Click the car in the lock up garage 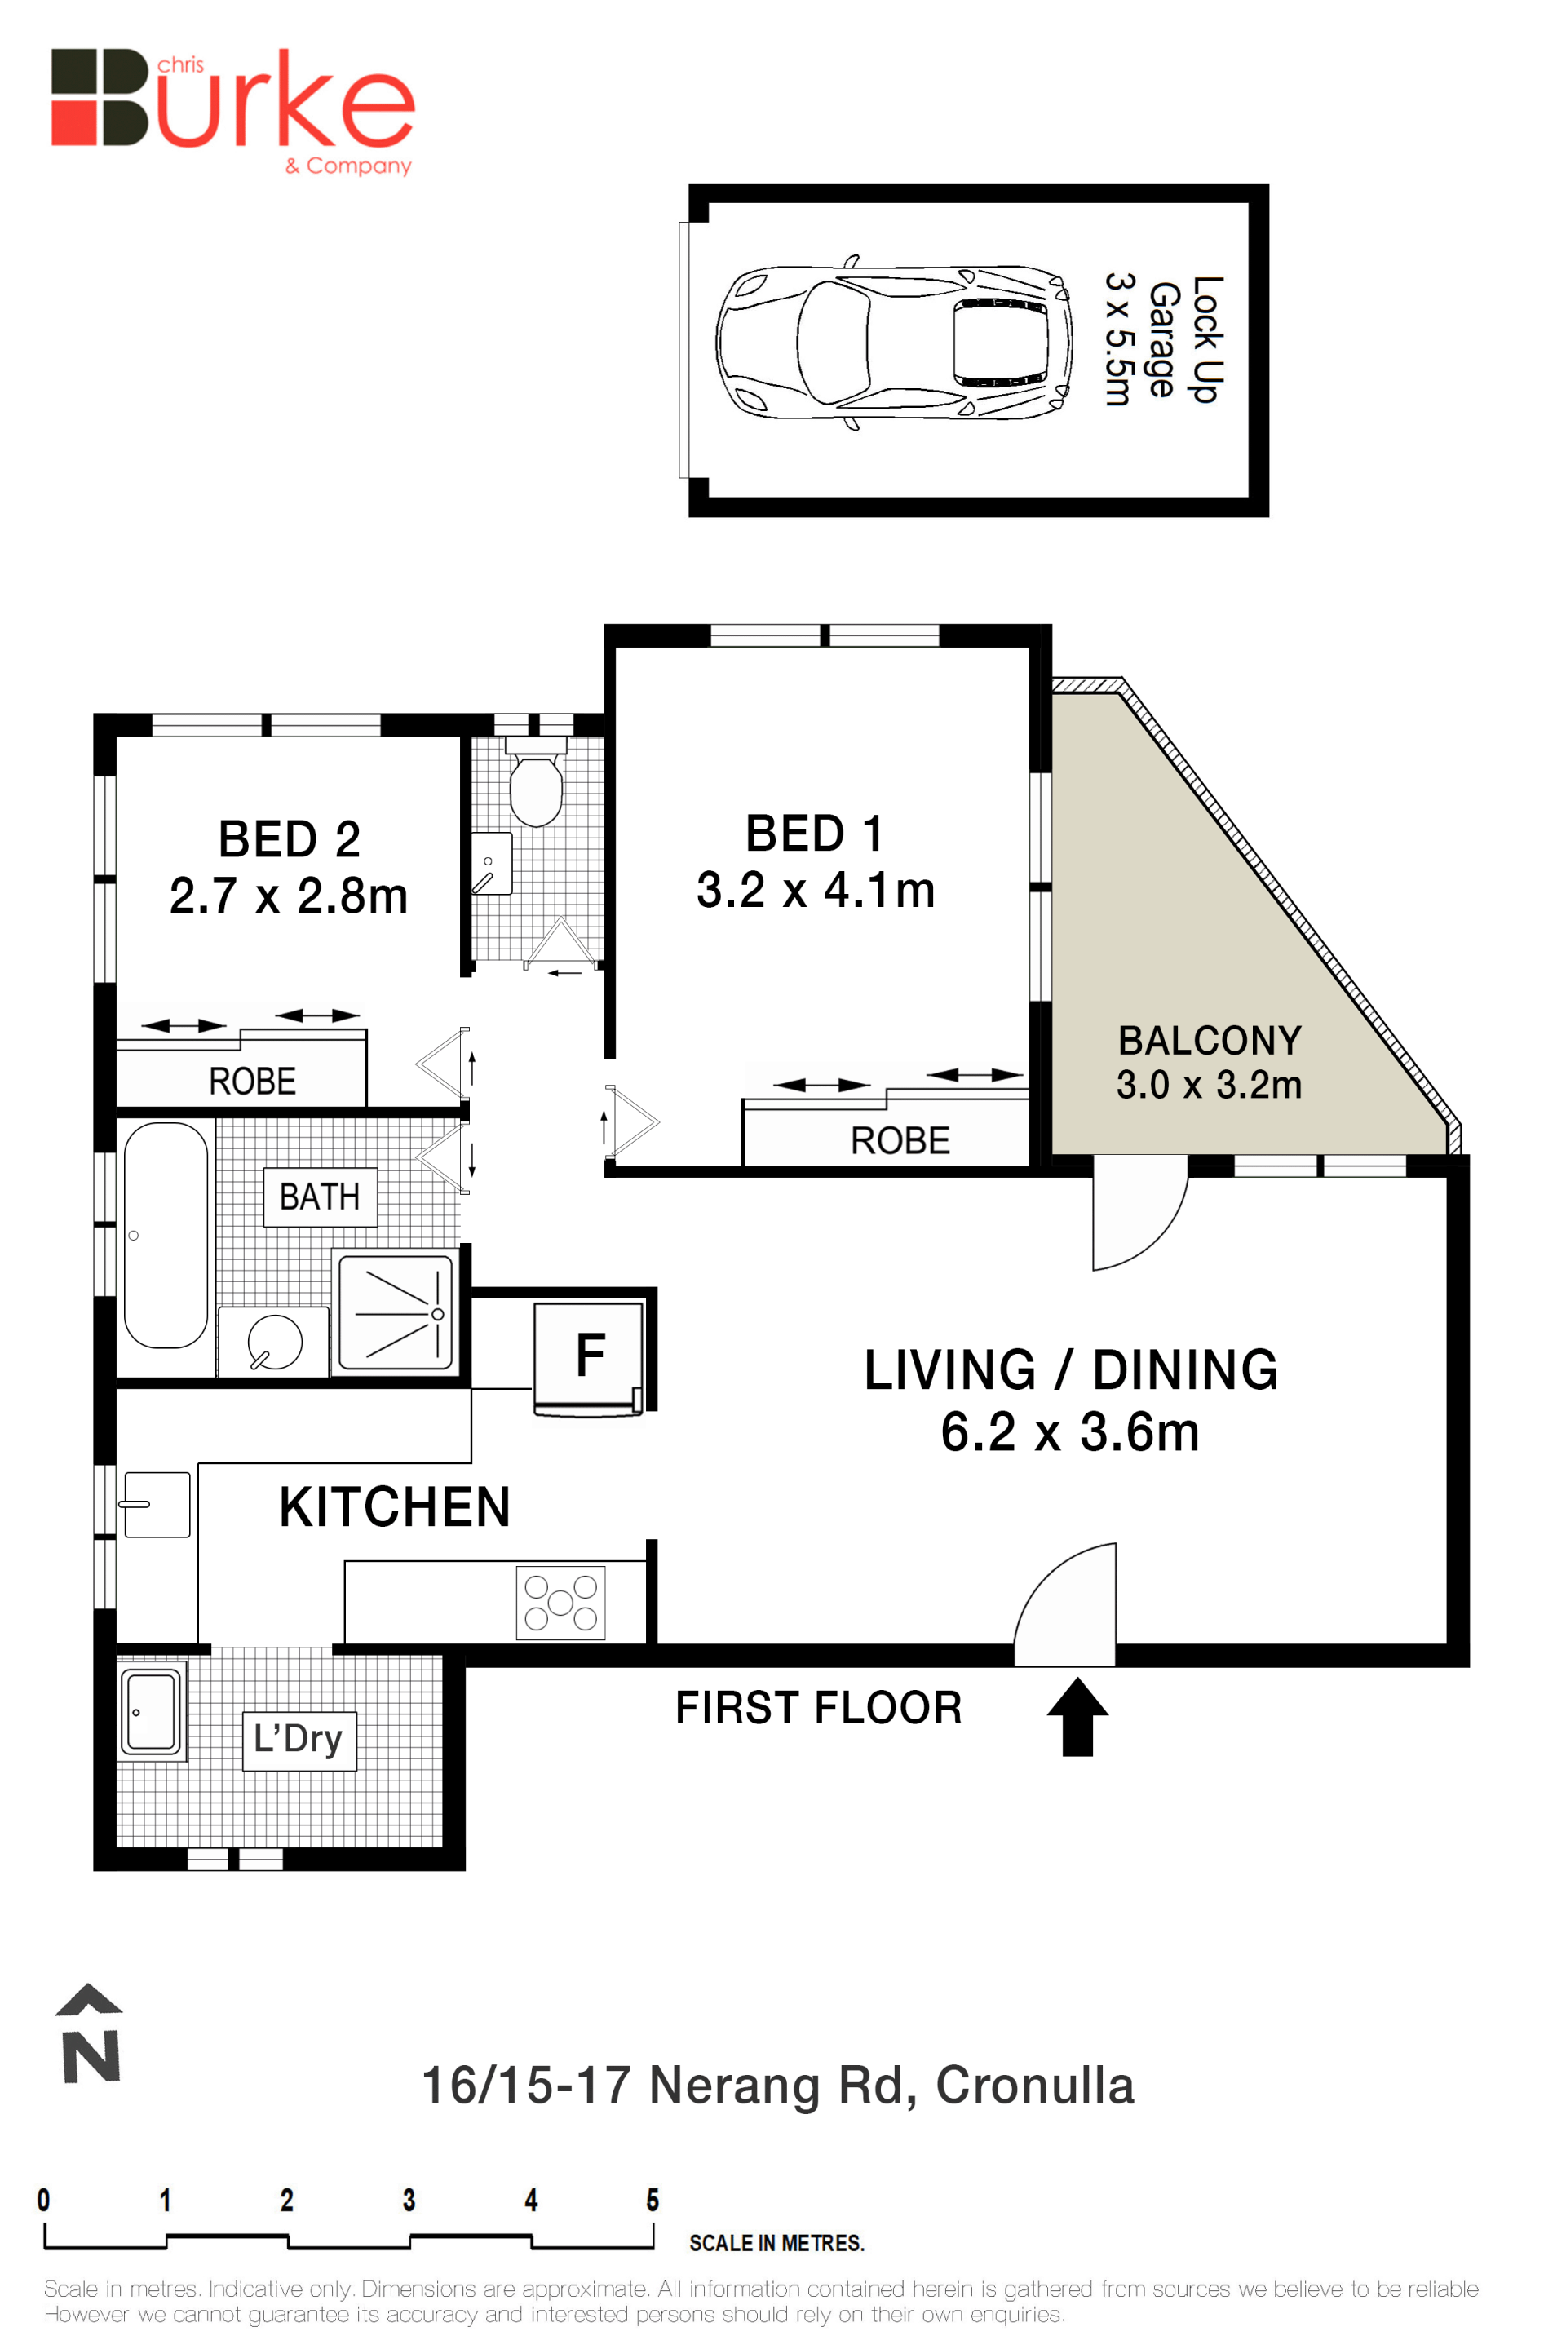[x=894, y=342]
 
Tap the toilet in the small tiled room [x=537, y=782]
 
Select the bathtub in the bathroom [x=166, y=1236]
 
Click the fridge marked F [x=591, y=1357]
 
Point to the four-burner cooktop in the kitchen [x=560, y=1602]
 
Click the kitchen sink [x=155, y=1504]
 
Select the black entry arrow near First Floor [x=1077, y=1716]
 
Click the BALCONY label [x=1210, y=1041]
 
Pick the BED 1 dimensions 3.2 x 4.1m [x=815, y=890]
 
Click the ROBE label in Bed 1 [x=900, y=1140]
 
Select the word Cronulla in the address [x=1035, y=2086]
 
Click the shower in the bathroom [x=396, y=1312]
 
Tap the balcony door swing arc [x=1158, y=1238]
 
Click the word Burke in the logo [x=232, y=98]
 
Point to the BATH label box [x=321, y=1197]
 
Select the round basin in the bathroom [x=274, y=1341]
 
